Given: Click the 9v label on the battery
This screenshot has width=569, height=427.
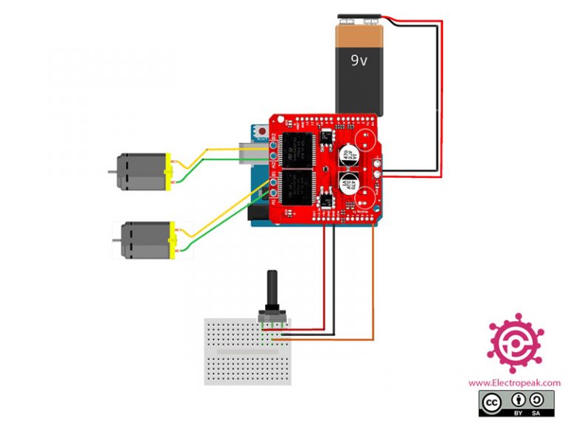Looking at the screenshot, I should pyautogui.click(x=359, y=60).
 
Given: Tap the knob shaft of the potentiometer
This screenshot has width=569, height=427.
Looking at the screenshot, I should pyautogui.click(x=272, y=290).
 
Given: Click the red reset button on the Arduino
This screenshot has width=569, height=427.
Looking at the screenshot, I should pyautogui.click(x=262, y=131).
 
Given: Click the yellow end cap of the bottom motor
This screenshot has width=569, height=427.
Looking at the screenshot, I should pyautogui.click(x=174, y=242).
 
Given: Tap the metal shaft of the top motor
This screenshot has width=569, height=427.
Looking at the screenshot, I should pyautogui.click(x=112, y=171).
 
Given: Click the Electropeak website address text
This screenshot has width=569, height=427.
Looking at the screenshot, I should pyautogui.click(x=513, y=383).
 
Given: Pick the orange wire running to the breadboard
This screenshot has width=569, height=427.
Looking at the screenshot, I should pyautogui.click(x=373, y=297).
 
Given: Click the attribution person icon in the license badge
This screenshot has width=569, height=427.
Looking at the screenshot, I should pyautogui.click(x=519, y=401).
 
